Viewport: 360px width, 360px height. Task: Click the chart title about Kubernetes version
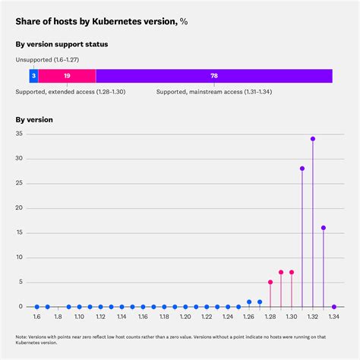(102, 22)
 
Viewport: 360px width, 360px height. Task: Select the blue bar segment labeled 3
(33, 76)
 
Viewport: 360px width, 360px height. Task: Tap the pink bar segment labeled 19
(67, 76)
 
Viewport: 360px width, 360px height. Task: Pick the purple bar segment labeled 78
(214, 76)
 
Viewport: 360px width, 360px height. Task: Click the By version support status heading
(62, 45)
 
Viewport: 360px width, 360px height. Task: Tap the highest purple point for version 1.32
(313, 139)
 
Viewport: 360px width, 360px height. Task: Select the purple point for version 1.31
(302, 169)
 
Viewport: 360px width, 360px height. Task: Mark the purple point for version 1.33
(324, 228)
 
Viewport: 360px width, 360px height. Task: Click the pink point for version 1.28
(270, 282)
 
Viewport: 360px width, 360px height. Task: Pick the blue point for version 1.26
(249, 302)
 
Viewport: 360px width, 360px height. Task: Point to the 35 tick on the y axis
(21, 134)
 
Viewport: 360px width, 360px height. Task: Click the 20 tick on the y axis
(21, 208)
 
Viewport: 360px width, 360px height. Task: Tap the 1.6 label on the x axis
(36, 317)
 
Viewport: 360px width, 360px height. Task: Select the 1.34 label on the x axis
(334, 317)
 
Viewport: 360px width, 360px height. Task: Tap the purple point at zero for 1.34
(334, 307)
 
